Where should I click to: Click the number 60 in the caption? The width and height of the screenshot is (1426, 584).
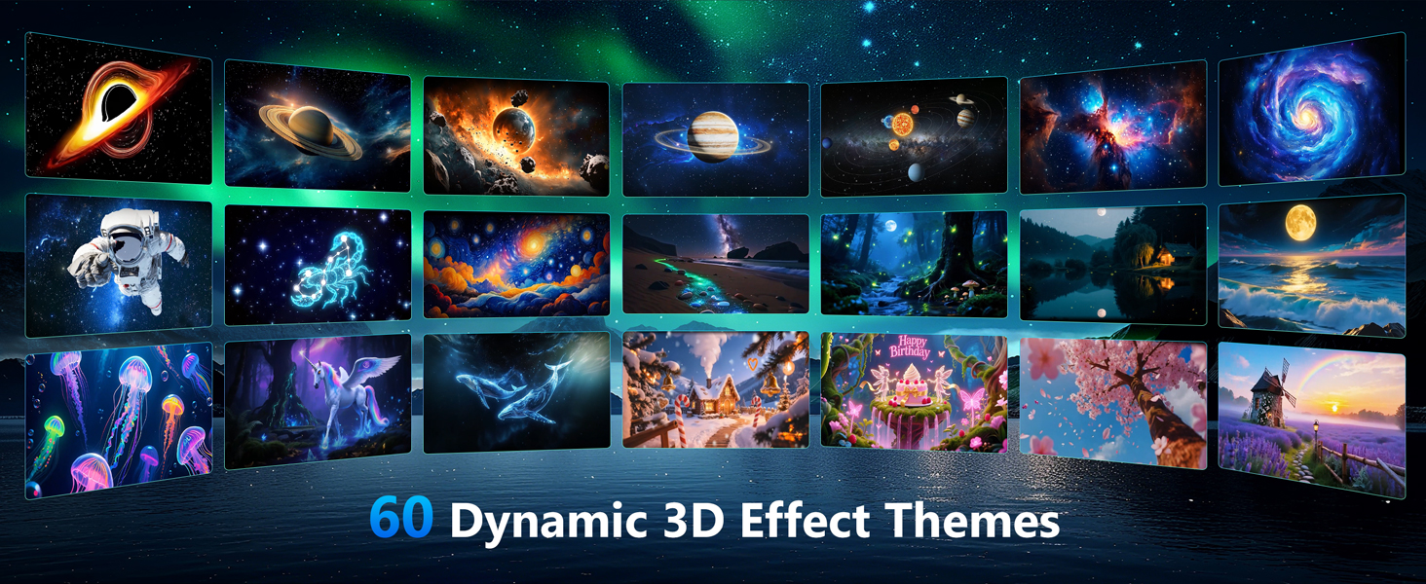tap(400, 519)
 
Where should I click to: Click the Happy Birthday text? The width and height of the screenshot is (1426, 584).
tap(913, 347)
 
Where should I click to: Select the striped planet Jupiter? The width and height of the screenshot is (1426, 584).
tap(713, 135)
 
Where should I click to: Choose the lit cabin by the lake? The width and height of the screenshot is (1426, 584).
tap(1156, 258)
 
